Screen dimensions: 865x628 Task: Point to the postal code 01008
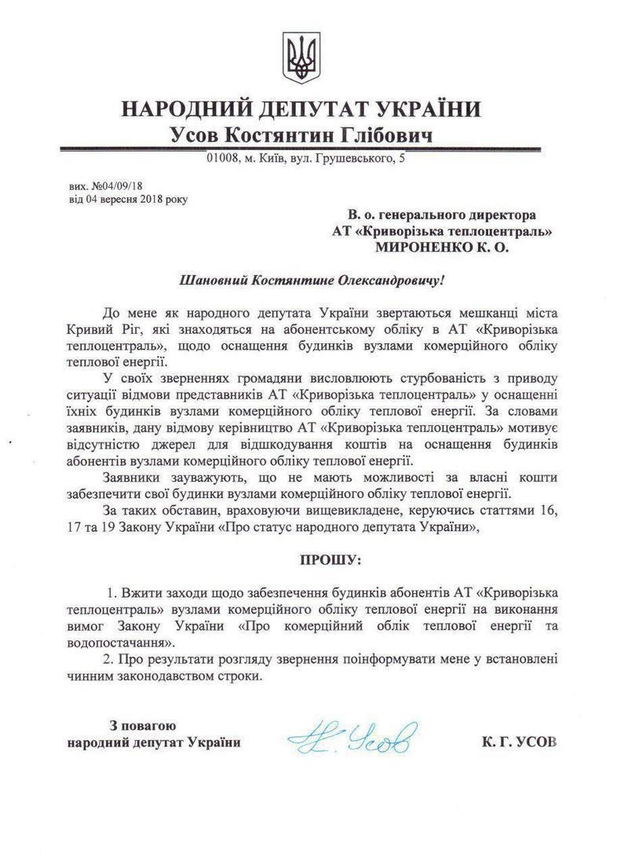coord(221,160)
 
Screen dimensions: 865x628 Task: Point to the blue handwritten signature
coord(352,738)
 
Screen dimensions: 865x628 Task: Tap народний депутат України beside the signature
coord(154,742)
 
